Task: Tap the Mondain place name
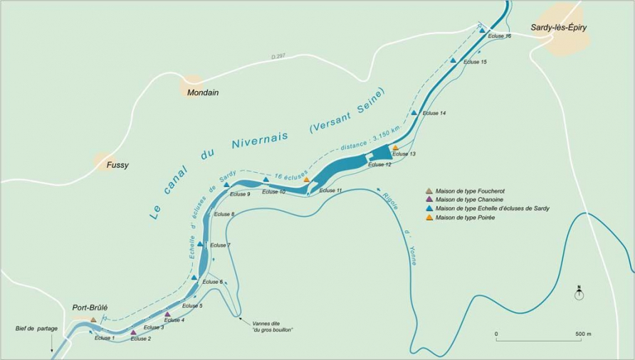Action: [x=202, y=92]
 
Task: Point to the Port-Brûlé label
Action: [x=90, y=308]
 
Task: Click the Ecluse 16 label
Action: [x=499, y=36]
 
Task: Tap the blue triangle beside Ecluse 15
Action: [x=453, y=61]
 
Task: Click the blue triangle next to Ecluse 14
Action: [x=414, y=112]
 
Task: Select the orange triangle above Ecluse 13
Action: [x=395, y=148]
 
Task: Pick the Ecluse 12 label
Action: [x=379, y=164]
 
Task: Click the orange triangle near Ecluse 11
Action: [x=306, y=180]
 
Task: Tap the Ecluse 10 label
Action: [x=273, y=191]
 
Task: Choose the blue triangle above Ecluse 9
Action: [x=226, y=185]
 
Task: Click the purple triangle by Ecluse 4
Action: [x=167, y=314]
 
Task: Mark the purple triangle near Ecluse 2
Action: [x=133, y=332]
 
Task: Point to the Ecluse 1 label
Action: [x=105, y=337]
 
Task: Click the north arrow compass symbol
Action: [x=579, y=292]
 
